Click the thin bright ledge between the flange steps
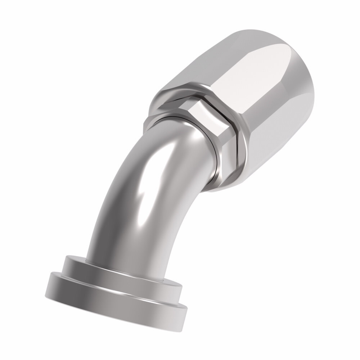(x=119, y=286)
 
